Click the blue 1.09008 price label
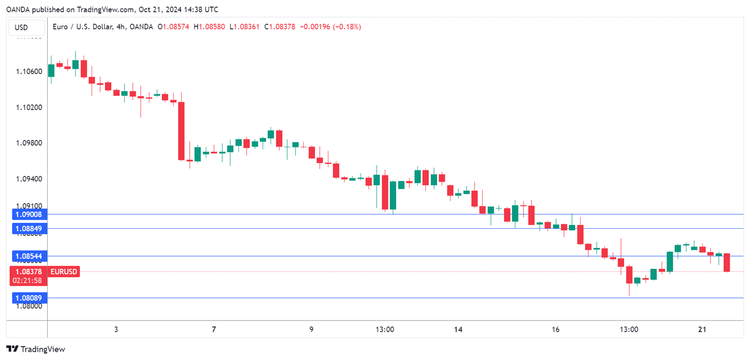(29, 214)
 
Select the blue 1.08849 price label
(29, 229)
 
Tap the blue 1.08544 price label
(29, 256)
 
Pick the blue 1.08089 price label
(29, 298)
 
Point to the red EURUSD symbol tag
(64, 272)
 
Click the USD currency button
(21, 27)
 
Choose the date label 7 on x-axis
(214, 329)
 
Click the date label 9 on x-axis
(311, 329)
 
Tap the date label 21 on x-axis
(702, 329)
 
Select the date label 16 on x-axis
(556, 329)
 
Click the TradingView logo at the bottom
(36, 349)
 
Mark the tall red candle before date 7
(182, 131)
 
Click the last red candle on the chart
(727, 262)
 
